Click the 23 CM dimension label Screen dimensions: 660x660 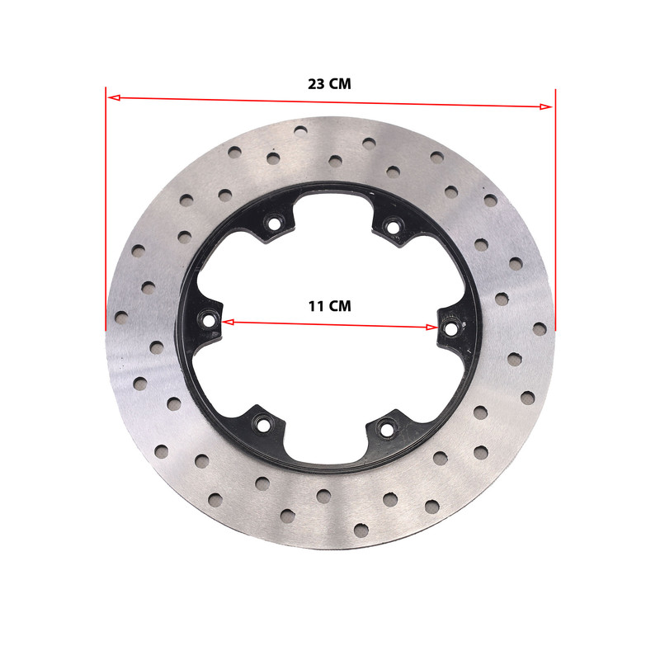[x=329, y=84]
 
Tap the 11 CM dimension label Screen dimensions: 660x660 [x=329, y=306]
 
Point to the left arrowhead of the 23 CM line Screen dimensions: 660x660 [x=115, y=97]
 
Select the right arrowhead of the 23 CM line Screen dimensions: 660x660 [x=545, y=106]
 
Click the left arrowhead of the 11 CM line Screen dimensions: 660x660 [x=228, y=323]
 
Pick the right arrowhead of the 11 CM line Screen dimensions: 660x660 [x=431, y=328]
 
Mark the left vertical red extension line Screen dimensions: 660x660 [x=106, y=209]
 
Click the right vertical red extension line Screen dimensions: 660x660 [x=555, y=210]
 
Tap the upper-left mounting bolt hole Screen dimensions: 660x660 [x=274, y=224]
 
